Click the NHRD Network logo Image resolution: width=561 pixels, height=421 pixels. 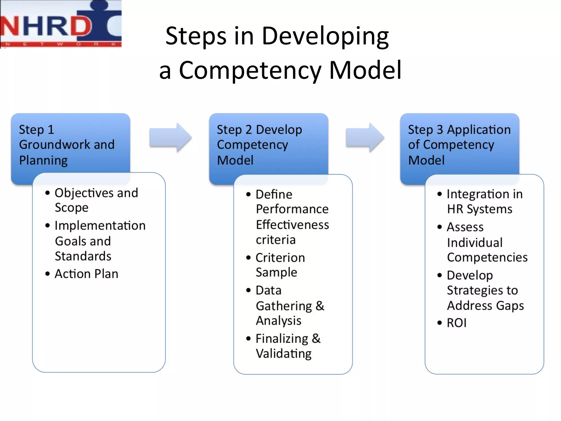(61, 24)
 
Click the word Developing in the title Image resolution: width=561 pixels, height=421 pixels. (325, 36)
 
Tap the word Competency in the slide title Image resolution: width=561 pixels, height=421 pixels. (250, 70)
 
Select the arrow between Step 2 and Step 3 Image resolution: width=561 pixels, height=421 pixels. (365, 137)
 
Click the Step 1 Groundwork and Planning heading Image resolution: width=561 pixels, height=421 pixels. (67, 145)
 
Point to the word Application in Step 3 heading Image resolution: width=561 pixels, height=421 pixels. (479, 130)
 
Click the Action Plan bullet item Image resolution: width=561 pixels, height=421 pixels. (86, 274)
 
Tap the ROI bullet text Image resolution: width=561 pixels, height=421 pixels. (456, 323)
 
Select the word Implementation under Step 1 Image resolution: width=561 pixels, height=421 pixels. (100, 226)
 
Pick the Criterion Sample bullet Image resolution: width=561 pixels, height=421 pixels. (280, 265)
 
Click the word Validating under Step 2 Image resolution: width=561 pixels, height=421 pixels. (284, 354)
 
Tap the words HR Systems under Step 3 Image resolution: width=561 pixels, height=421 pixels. (479, 209)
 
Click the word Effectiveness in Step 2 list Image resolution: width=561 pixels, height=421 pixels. (292, 225)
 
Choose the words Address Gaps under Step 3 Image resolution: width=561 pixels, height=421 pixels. (485, 306)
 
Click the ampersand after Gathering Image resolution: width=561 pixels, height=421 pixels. (320, 306)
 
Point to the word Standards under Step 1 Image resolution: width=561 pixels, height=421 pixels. (83, 256)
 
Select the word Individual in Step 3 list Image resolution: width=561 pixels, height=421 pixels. (475, 243)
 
